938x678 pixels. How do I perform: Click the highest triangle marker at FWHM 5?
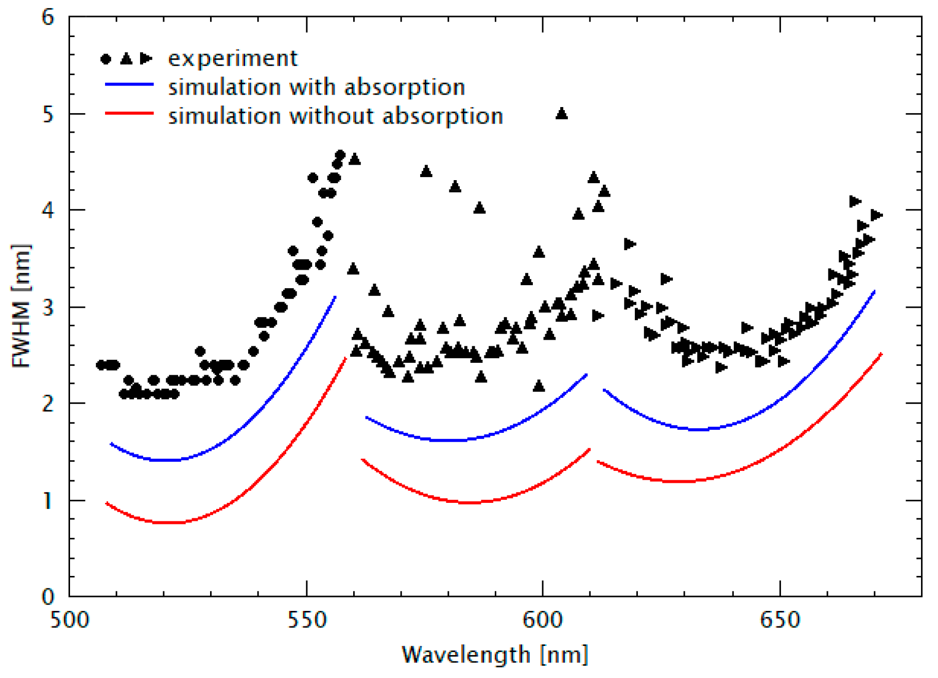pos(561,114)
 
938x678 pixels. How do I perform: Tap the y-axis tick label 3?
pos(48,307)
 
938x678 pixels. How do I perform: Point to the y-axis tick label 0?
pos(48,596)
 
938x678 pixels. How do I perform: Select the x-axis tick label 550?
pos(307,620)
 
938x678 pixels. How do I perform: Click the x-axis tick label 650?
pos(780,620)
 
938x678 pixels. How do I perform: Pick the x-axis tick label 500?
pos(70,620)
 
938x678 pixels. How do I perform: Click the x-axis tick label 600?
pos(543,620)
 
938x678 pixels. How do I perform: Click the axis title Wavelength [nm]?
pos(495,654)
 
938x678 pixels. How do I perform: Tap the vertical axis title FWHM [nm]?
pos(21,306)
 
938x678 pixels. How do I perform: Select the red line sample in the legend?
pos(129,114)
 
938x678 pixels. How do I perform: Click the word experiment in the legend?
pos(233,59)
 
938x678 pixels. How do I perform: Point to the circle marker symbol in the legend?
pos(106,59)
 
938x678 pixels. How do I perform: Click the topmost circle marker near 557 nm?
pos(340,155)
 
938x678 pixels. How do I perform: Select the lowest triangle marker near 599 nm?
pos(539,386)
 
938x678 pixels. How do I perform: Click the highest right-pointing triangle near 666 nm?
pos(855,202)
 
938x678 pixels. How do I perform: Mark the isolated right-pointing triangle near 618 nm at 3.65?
pos(630,244)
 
